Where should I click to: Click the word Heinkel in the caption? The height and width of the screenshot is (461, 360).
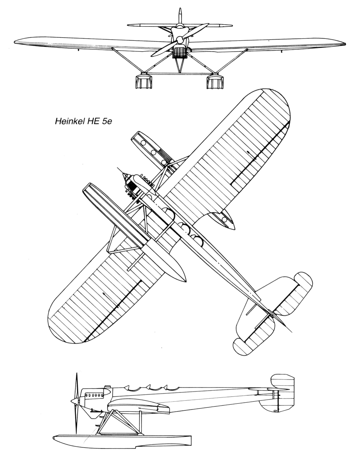[x=67, y=121]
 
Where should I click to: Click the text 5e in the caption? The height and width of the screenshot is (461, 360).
[x=107, y=121]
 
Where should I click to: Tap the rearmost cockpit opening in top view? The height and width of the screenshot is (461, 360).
[x=199, y=239]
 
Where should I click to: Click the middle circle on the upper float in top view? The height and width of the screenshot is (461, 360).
[x=153, y=152]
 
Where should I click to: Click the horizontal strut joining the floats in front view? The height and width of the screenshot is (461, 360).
[x=180, y=74]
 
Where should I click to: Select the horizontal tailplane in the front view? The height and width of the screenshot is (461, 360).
[x=180, y=25]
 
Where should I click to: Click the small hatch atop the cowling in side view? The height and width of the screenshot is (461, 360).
[x=108, y=386]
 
